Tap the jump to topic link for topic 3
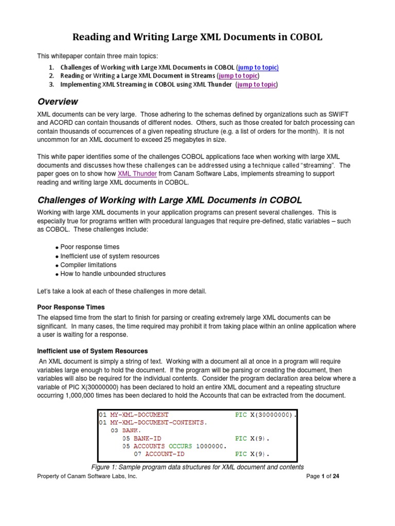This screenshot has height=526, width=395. pyautogui.click(x=257, y=85)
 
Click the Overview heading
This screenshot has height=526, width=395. pyautogui.click(x=58, y=102)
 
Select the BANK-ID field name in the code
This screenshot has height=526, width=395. pyautogui.click(x=148, y=439)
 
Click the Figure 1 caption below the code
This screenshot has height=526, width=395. pyautogui.click(x=197, y=467)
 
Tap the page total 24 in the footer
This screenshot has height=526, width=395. pyautogui.click(x=335, y=476)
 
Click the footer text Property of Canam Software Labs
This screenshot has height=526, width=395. pyautogui.click(x=87, y=476)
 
